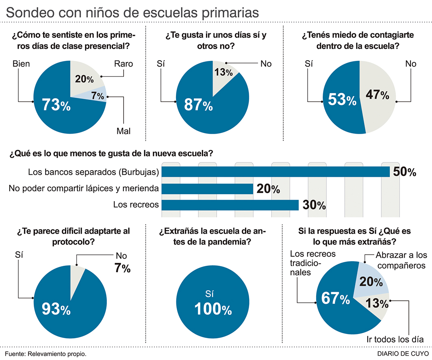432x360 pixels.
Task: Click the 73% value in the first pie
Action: [56, 106]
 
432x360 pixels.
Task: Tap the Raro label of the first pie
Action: [123, 64]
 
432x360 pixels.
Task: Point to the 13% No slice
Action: [223, 72]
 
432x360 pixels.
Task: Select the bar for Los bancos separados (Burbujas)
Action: [276, 172]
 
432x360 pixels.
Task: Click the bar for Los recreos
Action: [230, 204]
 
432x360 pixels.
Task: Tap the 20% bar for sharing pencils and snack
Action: [207, 189]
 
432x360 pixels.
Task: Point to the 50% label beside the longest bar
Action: [405, 172]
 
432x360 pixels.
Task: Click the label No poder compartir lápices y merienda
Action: [84, 189]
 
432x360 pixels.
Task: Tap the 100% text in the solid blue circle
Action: [213, 310]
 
